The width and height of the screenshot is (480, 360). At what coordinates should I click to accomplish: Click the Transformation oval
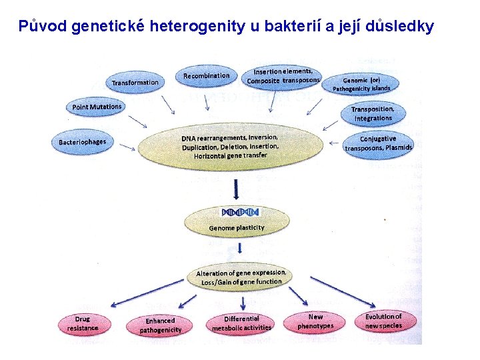[135, 82]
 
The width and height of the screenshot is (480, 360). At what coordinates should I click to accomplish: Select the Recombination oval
[206, 75]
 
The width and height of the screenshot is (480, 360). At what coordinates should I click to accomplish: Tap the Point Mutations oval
[97, 107]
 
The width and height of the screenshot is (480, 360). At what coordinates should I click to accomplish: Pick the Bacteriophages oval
[82, 141]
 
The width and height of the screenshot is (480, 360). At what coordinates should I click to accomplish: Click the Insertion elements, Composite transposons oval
[283, 76]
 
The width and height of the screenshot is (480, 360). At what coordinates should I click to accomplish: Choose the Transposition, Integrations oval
[373, 113]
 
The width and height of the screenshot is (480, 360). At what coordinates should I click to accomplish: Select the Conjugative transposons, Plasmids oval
[378, 143]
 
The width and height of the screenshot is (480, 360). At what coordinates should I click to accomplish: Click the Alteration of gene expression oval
[241, 277]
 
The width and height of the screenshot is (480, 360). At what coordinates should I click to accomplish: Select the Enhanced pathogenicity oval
[160, 325]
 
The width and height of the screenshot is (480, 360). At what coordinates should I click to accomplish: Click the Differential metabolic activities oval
[241, 323]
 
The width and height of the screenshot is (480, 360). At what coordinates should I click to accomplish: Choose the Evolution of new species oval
[383, 321]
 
